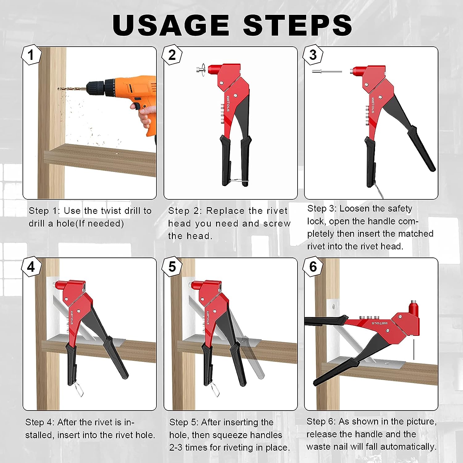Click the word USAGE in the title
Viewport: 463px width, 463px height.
point(171,25)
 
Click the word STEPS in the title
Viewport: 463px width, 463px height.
point(298,25)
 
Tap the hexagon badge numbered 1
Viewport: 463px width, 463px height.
point(31,55)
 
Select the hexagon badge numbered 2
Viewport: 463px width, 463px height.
point(172,55)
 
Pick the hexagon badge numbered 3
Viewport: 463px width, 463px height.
point(313,55)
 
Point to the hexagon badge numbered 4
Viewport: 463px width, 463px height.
point(31,266)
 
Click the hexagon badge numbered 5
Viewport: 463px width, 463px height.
point(172,266)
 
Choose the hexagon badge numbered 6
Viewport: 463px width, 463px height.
point(313,266)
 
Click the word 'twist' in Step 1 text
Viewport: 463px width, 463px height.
point(112,211)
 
